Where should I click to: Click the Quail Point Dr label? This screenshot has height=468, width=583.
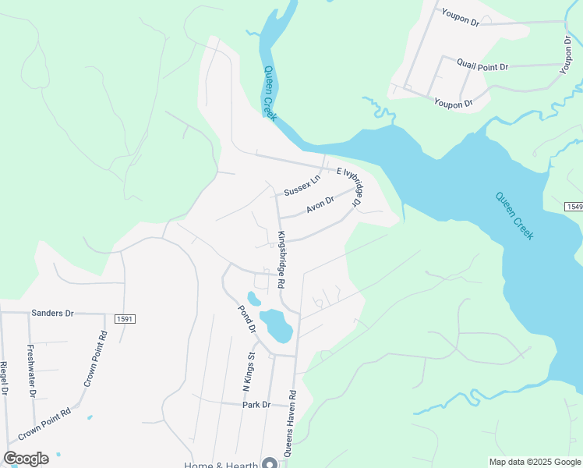coord(482,67)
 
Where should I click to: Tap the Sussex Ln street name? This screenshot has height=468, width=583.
coord(302,186)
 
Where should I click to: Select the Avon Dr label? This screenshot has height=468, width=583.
coord(320,204)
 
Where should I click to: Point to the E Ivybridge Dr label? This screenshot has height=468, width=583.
coord(348,188)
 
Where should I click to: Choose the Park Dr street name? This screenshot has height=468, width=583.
coord(256,405)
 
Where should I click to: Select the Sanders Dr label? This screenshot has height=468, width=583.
coord(52,313)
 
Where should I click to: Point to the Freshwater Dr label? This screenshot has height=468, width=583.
coord(31,370)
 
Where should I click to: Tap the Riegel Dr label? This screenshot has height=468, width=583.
coord(4,377)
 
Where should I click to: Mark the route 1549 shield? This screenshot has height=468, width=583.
coord(574,206)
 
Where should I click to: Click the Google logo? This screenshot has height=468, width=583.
coord(26,459)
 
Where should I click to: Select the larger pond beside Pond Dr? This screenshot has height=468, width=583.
coord(276,325)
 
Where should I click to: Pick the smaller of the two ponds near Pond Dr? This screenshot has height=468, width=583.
coord(253,298)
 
